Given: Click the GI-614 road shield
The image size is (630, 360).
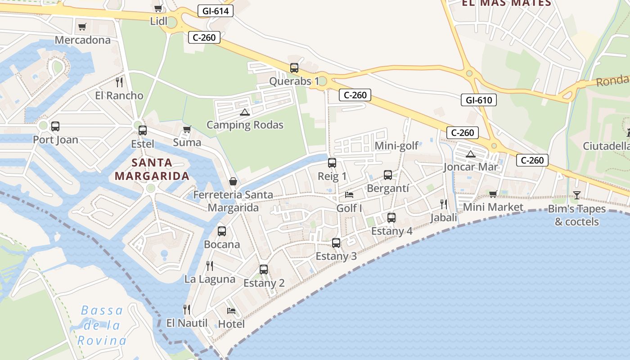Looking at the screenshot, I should coord(216,11).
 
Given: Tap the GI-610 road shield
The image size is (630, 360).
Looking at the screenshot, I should coord(478,100).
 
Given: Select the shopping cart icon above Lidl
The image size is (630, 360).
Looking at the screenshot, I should coord(158,8).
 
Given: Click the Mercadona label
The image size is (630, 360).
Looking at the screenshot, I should coord(82,40).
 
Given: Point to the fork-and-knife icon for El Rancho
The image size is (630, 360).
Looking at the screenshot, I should coord(119,82).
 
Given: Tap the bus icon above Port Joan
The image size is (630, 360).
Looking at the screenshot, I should coord(55,126).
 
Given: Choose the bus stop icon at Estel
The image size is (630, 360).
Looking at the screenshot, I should coord(143,130).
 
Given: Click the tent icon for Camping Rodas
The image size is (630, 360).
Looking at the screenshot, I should coord(245,112).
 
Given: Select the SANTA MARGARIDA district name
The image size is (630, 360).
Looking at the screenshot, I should coord(152,169).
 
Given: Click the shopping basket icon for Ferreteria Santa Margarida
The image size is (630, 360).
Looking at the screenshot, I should coord(233,181).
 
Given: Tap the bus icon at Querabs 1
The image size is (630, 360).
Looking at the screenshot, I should coord(294,68).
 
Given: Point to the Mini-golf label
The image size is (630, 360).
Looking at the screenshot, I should coord(396,145).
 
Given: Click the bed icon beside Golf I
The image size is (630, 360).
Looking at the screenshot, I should coord(349,195).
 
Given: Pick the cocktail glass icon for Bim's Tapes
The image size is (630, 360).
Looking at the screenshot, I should coord(576,195).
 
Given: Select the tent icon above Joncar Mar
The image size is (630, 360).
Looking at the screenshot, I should coord(471,154).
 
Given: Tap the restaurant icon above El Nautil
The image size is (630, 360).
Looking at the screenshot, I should coord(187,310).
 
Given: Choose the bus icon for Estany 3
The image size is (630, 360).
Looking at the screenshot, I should coord(336,243).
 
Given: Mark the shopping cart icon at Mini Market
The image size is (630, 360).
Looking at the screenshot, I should coord(493,194).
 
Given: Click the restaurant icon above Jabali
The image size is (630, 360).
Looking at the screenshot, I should coord(444,204).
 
